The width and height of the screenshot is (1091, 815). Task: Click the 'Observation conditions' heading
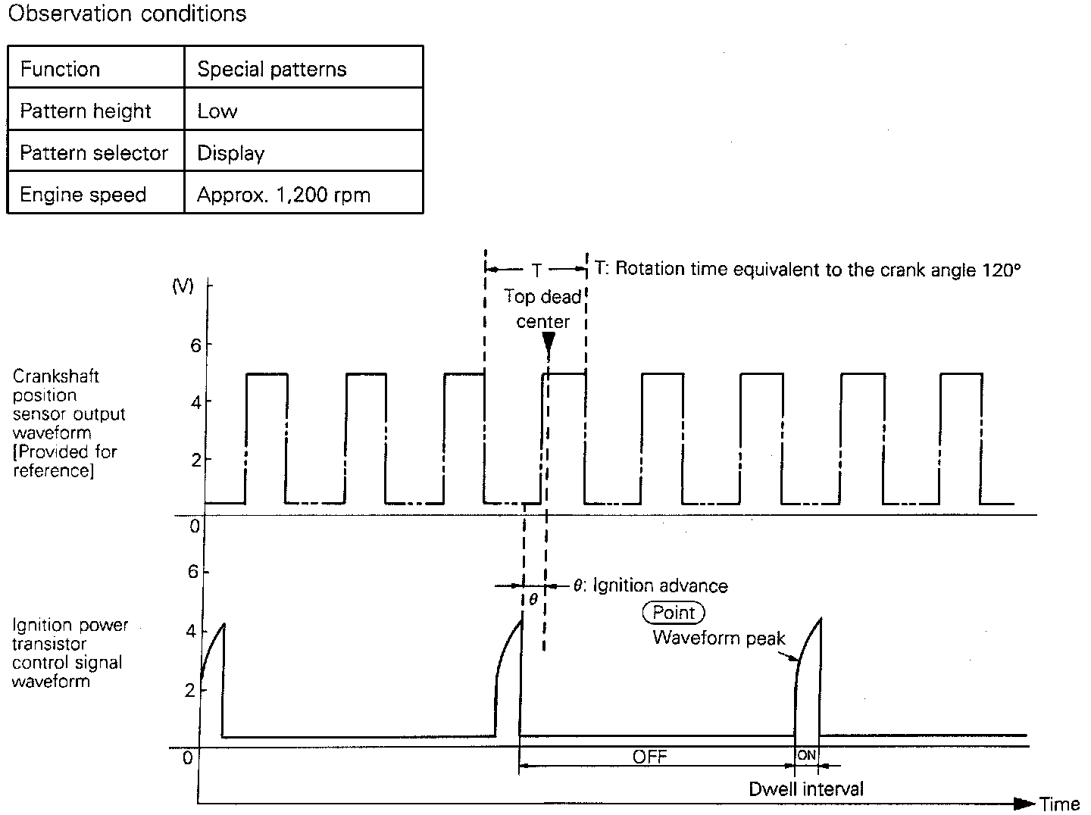coord(127,14)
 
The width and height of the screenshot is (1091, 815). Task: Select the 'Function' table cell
coord(60,69)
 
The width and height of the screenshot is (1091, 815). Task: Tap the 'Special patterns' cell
coord(271,69)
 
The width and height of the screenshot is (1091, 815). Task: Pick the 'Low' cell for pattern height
coord(217,111)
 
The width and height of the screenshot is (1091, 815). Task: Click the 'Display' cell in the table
coord(230,153)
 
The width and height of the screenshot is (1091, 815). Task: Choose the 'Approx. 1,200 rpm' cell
coord(283,195)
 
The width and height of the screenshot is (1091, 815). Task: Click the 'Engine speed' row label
coord(83,195)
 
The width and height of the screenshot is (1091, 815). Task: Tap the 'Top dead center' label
coord(542,309)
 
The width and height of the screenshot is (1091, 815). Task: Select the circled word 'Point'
coord(674,612)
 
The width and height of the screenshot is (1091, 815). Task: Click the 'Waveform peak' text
coord(719,638)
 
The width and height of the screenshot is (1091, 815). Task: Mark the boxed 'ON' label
coord(806,755)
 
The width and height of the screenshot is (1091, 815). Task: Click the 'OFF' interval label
coord(650,757)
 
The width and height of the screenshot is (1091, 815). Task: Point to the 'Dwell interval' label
coord(806,788)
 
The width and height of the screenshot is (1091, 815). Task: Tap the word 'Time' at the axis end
coord(1059,804)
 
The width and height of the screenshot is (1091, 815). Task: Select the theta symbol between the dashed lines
coord(533,598)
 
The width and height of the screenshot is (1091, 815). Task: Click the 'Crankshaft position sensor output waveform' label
coord(68,423)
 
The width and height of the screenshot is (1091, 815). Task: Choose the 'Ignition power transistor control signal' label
coord(70,653)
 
